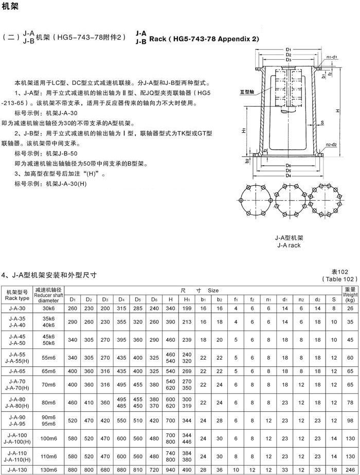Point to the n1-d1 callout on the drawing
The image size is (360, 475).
pyautogui.click(x=331, y=57)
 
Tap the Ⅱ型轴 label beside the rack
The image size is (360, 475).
pyautogui.click(x=247, y=92)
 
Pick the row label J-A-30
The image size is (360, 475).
pyautogui.click(x=17, y=308)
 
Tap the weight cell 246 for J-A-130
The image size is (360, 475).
pyautogui.click(x=350, y=469)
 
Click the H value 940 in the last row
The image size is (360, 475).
pyautogui.click(x=171, y=469)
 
